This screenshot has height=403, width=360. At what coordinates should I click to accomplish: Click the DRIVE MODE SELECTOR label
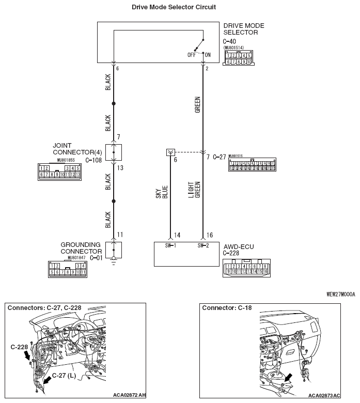click(244, 29)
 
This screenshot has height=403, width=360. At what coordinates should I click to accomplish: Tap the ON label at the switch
click(208, 54)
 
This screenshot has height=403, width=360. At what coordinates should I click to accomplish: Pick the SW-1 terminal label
click(171, 246)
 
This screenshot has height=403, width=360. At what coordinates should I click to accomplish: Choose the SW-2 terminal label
click(203, 246)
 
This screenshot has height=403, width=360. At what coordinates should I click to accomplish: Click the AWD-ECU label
click(238, 247)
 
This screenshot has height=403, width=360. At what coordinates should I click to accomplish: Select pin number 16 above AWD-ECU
click(209, 235)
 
